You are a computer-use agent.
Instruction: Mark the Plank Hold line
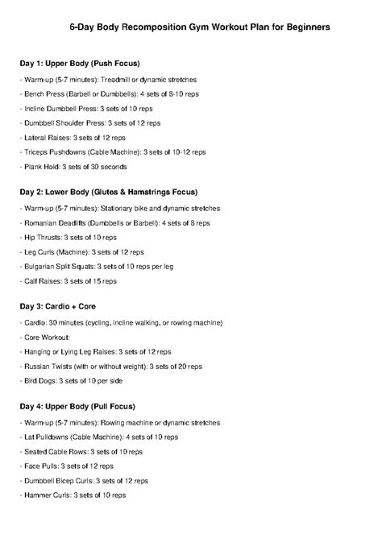(73, 166)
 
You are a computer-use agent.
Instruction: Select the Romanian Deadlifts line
(114, 222)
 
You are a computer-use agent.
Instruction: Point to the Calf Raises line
(69, 280)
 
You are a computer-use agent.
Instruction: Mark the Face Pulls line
(68, 466)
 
